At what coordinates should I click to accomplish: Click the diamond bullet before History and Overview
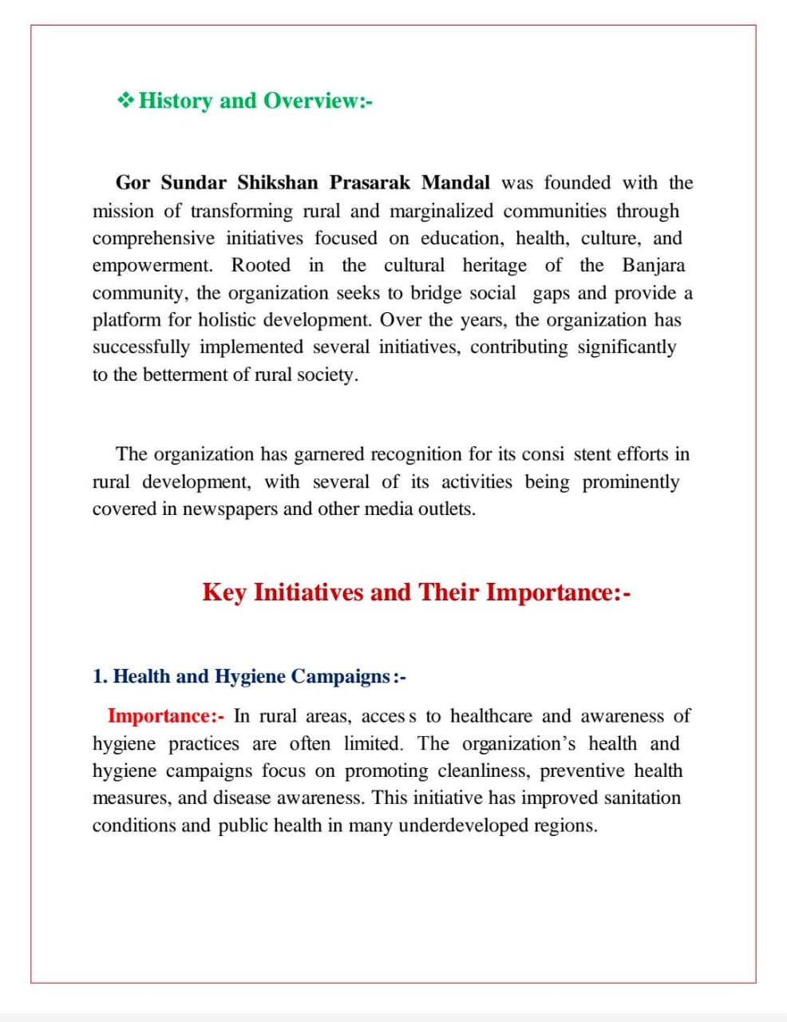coord(125,101)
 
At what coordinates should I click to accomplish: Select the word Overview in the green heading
coord(312,101)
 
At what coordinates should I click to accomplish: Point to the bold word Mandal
coord(456,183)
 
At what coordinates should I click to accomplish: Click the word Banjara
coord(653,265)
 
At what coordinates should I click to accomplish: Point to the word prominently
coord(631,482)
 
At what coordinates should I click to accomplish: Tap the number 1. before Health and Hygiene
coord(100,676)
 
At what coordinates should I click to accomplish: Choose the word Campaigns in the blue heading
coord(341,676)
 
